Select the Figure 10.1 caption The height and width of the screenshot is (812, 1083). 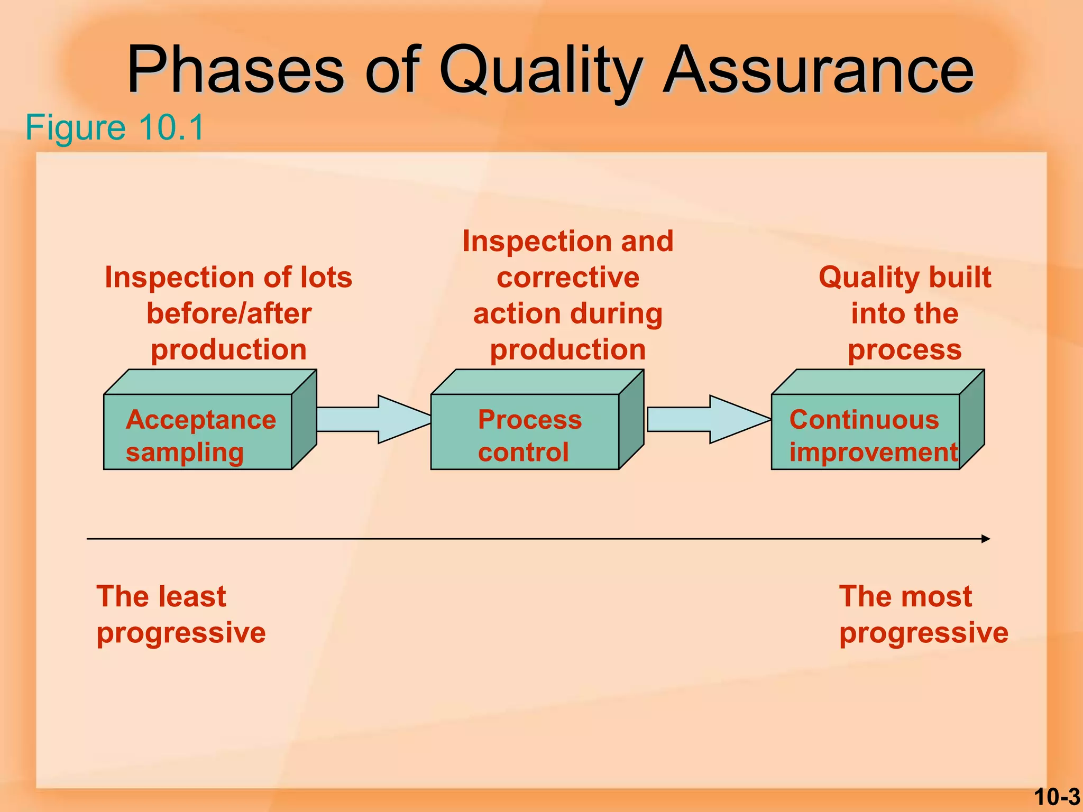coord(114,127)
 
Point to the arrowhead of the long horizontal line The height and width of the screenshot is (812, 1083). coord(985,539)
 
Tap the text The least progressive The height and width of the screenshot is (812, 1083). coord(180,614)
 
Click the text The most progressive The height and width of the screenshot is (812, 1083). coord(923,614)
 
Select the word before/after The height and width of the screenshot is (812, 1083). coord(229,313)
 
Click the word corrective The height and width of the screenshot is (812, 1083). coord(568,278)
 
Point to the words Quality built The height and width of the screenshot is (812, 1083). coord(905,278)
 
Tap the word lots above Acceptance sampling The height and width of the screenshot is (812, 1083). coord(326,278)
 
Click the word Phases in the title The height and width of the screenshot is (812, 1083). coord(236,71)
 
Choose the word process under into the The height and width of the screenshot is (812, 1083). coord(905,350)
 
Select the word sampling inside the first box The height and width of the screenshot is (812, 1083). coord(185,453)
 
